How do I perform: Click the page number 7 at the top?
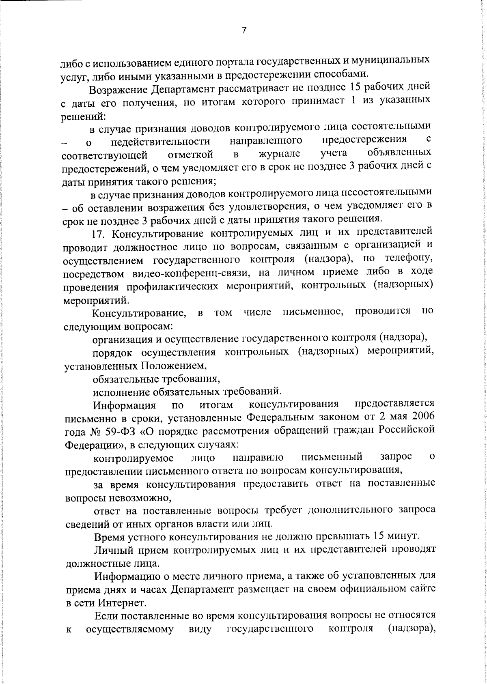[244, 31]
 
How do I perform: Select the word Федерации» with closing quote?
[95, 445]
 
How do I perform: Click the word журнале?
[280, 154]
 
